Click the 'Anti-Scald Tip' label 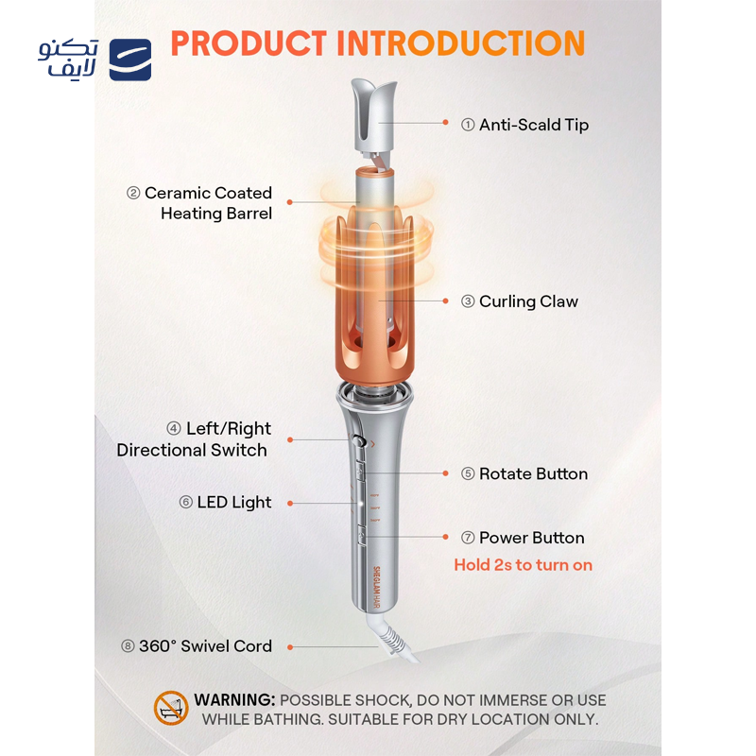coord(533,125)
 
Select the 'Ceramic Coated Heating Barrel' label coord(199,203)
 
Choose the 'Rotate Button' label coord(533,474)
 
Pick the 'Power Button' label coord(531,538)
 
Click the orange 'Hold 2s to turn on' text coord(524,565)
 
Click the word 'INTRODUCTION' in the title coord(461,43)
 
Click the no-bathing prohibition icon coord(171,709)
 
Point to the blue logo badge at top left coord(130,60)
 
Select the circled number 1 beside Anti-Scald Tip coord(468,125)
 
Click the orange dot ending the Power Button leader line coord(445,538)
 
